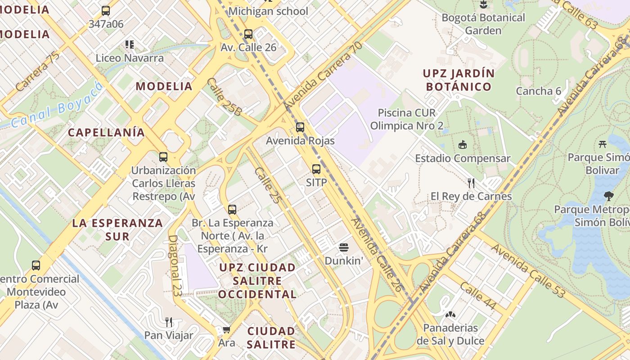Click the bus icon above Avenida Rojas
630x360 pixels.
click(x=300, y=127)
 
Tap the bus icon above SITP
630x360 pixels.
click(x=316, y=169)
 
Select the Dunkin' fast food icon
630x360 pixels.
click(x=344, y=247)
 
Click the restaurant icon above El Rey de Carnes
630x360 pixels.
click(x=471, y=183)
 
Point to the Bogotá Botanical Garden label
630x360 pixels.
click(x=483, y=24)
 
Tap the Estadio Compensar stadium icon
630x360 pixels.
click(x=462, y=144)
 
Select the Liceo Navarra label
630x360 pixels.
click(x=130, y=58)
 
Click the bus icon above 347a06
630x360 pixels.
click(x=106, y=11)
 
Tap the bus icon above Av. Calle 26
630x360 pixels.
click(x=248, y=34)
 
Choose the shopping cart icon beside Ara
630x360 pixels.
click(x=226, y=330)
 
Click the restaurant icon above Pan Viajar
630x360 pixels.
click(x=169, y=322)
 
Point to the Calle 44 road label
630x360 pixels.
click(x=478, y=297)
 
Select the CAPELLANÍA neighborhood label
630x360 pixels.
click(x=106, y=132)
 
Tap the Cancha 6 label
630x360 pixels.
click(x=539, y=91)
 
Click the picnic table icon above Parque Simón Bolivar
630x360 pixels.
click(x=603, y=144)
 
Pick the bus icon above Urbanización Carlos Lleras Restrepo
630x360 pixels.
click(x=163, y=157)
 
